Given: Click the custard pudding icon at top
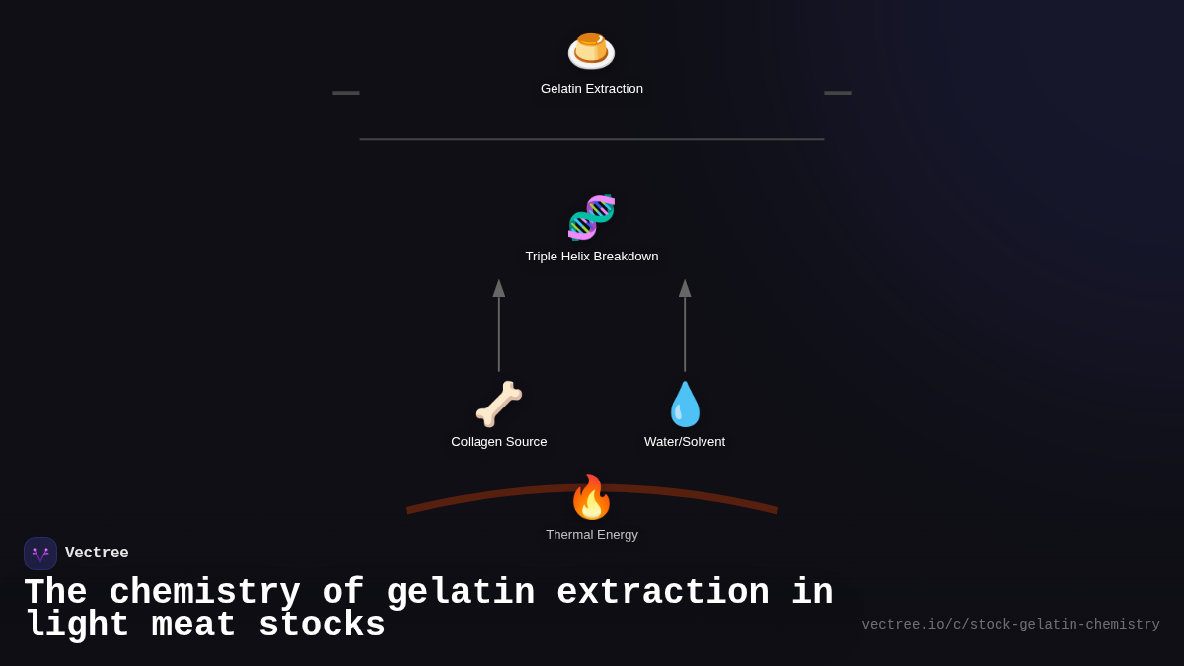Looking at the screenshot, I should tap(591, 50).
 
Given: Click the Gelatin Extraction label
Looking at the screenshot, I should tap(592, 89).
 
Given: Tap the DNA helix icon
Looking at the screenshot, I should tap(591, 217).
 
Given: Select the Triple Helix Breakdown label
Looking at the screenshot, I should tap(592, 257).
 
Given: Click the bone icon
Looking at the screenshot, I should tap(498, 404).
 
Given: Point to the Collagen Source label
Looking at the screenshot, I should tap(499, 442).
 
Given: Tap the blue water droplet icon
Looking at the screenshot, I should tap(685, 404).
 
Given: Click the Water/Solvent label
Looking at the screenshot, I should tap(685, 442).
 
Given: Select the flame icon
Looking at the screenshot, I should tap(591, 496).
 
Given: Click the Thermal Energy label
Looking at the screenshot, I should tap(592, 535).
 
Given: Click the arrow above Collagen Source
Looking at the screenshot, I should tap(499, 326).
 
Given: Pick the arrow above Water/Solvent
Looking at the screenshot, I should tap(685, 326).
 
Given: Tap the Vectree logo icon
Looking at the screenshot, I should tap(40, 554).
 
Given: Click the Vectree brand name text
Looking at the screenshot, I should tap(97, 554).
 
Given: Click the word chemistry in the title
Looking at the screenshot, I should tap(204, 593).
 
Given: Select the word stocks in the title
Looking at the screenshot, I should tap(322, 626).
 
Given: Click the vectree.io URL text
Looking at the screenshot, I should tap(1010, 625).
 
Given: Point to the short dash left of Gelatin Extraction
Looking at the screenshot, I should tap(345, 93).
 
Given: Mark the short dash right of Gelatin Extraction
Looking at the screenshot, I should tap(838, 93).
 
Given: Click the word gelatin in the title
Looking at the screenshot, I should tap(460, 593).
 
